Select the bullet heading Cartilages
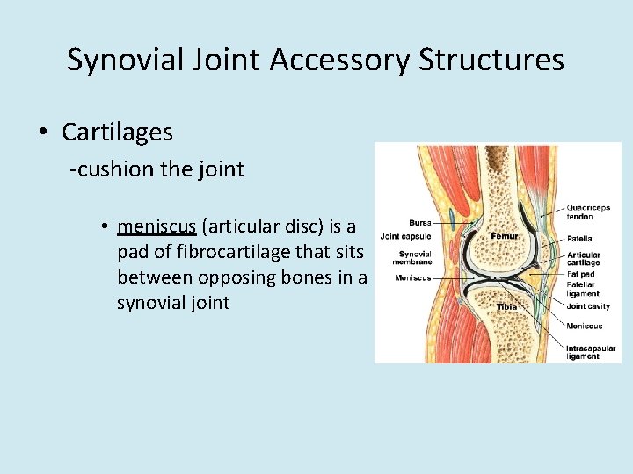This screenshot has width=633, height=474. click(x=117, y=133)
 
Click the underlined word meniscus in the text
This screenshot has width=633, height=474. click(x=157, y=226)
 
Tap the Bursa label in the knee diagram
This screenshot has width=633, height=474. click(x=419, y=222)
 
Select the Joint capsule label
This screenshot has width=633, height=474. click(x=405, y=236)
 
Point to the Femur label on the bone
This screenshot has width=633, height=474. click(x=504, y=236)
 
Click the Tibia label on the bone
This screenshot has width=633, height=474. click(x=506, y=307)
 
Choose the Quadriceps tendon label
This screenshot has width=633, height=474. click(x=588, y=212)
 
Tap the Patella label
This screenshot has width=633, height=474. click(x=579, y=238)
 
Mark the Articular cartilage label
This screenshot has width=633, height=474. click(x=584, y=258)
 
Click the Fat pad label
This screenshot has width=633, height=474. click(x=580, y=274)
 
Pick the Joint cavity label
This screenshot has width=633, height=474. click(x=588, y=307)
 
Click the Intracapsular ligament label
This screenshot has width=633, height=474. click(x=590, y=352)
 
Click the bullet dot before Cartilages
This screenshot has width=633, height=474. click(x=42, y=133)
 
